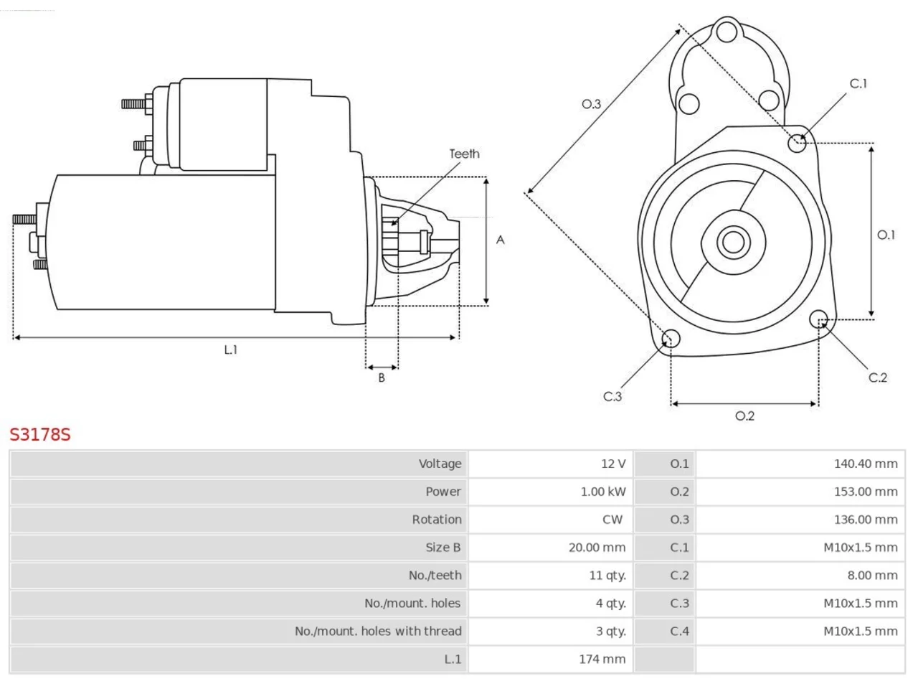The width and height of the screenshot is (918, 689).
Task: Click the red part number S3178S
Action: pyautogui.click(x=40, y=435)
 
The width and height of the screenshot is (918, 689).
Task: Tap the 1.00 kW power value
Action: pyautogui.click(x=602, y=492)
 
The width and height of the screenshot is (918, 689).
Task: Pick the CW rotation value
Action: pyautogui.click(x=612, y=520)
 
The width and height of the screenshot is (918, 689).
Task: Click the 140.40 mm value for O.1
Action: pyautogui.click(x=866, y=464)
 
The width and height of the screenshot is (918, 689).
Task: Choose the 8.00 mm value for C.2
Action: pyautogui.click(x=872, y=576)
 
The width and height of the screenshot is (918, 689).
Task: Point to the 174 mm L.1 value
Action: pyautogui.click(x=602, y=660)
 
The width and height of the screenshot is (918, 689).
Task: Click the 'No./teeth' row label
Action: pyautogui.click(x=435, y=576)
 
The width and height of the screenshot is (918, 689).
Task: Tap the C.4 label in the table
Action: pyautogui.click(x=679, y=632)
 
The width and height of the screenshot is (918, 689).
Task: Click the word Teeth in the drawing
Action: pyautogui.click(x=464, y=154)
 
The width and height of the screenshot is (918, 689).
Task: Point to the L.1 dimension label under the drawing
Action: pyautogui.click(x=231, y=350)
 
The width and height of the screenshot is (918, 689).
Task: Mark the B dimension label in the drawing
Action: pyautogui.click(x=382, y=378)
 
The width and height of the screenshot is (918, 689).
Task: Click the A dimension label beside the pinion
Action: pyautogui.click(x=500, y=240)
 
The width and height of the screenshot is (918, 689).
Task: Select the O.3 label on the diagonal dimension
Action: pyautogui.click(x=592, y=104)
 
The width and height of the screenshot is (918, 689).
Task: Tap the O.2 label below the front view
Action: pyautogui.click(x=745, y=416)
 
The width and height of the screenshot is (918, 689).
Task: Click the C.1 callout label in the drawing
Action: pyautogui.click(x=858, y=84)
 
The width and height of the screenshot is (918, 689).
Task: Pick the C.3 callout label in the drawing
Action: pyautogui.click(x=612, y=396)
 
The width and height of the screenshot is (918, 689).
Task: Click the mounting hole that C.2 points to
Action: pyautogui.click(x=818, y=319)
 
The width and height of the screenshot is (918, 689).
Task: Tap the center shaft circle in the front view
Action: pyautogui.click(x=733, y=242)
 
